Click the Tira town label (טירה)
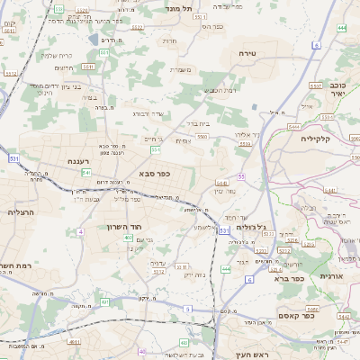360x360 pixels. pos(247,54)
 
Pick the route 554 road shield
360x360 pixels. pos(156,150)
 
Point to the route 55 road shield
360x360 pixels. pos(241,176)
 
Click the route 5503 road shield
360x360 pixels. pos(202,137)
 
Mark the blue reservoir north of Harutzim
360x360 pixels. pos(94,40)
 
